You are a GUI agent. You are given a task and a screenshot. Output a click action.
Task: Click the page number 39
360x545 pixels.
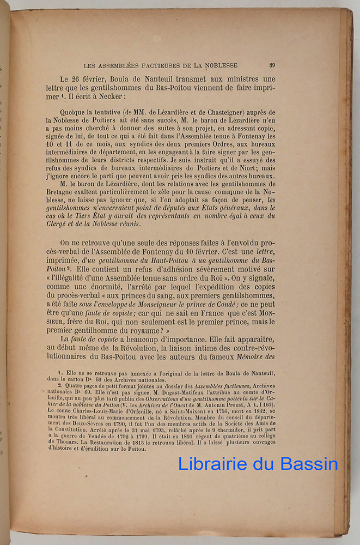[x=271, y=65]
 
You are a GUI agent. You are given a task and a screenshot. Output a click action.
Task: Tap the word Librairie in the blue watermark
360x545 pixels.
[x=212, y=464]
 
